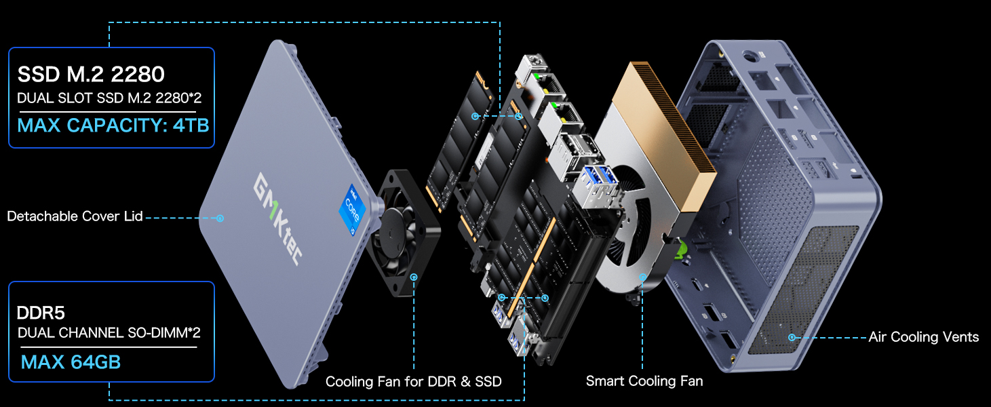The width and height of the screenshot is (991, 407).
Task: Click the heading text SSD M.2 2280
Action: click(x=91, y=74)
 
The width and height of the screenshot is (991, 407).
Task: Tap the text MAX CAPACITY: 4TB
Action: click(x=113, y=125)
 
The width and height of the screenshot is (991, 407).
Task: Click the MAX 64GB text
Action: click(x=71, y=362)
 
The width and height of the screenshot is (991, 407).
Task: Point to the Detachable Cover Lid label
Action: click(x=75, y=216)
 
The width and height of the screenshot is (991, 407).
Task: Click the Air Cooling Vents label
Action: click(x=923, y=337)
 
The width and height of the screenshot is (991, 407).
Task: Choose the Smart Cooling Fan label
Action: click(x=644, y=381)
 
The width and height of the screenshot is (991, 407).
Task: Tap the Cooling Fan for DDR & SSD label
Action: click(x=413, y=382)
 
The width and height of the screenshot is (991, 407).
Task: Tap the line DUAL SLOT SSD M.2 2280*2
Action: click(x=109, y=98)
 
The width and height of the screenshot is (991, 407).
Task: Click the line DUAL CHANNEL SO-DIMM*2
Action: click(x=109, y=333)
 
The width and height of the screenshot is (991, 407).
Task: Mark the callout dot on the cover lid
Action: click(x=220, y=218)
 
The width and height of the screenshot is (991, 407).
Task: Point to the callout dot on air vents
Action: click(x=791, y=336)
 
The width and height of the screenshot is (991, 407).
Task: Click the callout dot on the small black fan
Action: click(x=414, y=277)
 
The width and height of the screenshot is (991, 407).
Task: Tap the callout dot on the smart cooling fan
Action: click(x=642, y=277)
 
